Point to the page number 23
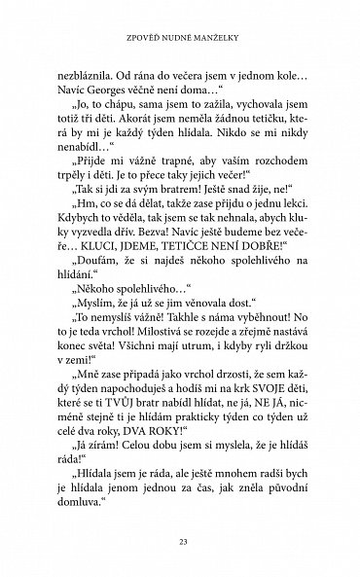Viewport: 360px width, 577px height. pos(180,541)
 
